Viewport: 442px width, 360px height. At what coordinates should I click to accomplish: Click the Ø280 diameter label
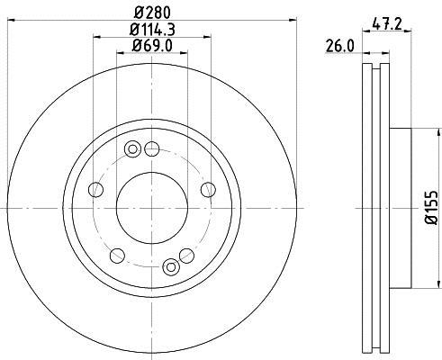[153, 12]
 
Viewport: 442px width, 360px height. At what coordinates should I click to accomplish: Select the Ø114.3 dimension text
[153, 29]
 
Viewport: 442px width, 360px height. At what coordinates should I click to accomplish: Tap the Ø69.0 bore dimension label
[153, 45]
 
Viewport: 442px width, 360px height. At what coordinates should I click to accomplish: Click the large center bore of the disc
[153, 207]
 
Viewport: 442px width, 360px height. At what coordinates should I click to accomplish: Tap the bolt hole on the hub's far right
[209, 189]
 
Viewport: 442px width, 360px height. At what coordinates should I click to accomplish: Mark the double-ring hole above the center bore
[133, 148]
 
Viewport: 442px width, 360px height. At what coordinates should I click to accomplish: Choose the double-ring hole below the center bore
[172, 265]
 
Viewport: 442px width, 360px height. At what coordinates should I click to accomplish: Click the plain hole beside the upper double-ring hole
[152, 148]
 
